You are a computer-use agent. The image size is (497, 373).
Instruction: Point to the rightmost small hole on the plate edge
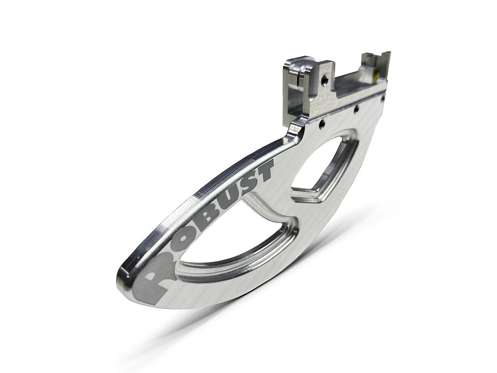382,98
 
